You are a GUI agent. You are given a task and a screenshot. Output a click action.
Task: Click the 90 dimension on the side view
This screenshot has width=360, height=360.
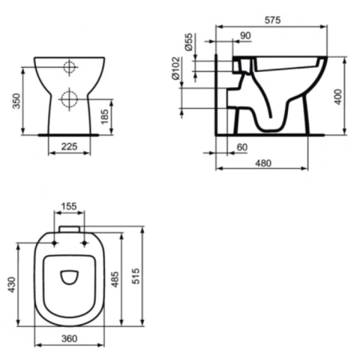[245, 35]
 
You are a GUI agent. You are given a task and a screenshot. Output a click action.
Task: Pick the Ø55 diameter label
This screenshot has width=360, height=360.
[190, 44]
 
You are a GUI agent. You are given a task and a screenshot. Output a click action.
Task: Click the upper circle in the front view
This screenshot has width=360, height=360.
[70, 67]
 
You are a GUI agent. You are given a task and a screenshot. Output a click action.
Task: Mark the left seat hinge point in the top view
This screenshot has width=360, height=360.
[54, 242]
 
